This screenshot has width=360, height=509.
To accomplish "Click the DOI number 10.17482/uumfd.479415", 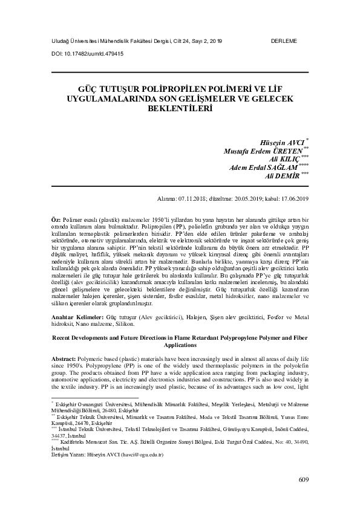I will pos(91,53).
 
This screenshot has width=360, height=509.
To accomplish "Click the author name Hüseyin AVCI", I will pos(280,142).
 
